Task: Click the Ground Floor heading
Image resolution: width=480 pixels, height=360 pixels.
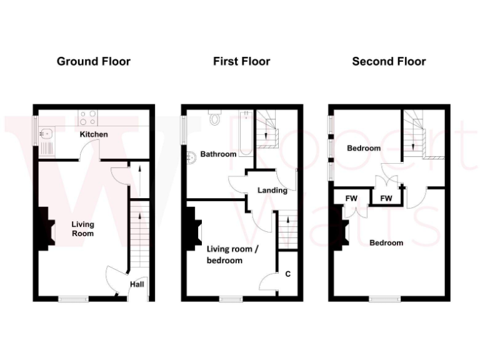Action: [x=94, y=61]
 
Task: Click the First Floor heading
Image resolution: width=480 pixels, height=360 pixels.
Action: [x=241, y=61]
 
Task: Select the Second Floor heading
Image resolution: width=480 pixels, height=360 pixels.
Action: [x=389, y=61]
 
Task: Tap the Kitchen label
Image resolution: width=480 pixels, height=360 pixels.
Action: [x=94, y=134]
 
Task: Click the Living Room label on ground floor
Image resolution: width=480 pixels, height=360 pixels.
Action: [x=82, y=229]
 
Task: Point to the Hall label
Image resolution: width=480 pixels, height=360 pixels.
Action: [x=137, y=285]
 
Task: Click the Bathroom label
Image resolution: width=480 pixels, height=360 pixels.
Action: [x=218, y=154]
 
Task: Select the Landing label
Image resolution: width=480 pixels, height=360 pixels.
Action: [x=272, y=190]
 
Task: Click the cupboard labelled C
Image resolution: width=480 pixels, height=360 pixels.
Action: [x=288, y=274]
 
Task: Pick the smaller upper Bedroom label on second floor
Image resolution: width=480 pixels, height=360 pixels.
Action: [x=364, y=149]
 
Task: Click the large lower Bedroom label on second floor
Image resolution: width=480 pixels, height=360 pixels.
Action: [x=386, y=242]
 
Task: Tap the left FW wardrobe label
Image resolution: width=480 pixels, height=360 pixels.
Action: [x=352, y=199]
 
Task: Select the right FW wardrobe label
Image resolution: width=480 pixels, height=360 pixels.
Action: [x=386, y=199]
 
